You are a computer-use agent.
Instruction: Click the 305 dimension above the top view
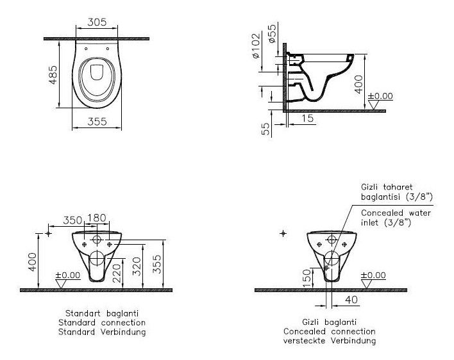coord(97,22)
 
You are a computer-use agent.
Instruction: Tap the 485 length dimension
coord(53,75)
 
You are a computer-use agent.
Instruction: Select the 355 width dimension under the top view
coord(97,122)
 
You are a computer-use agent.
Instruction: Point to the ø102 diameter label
coord(256,45)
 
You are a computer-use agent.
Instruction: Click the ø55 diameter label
coord(272,33)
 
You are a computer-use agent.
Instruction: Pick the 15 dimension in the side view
coord(308,118)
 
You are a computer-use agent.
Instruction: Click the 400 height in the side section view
coord(358,84)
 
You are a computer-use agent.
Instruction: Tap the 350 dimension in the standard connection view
coord(72,220)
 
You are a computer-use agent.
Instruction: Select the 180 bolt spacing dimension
coord(97,218)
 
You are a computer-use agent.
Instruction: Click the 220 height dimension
coord(116,273)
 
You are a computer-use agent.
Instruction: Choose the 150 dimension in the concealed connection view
coord(306,278)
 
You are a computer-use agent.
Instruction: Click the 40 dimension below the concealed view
coord(351,300)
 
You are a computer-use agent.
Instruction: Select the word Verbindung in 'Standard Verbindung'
coord(123,332)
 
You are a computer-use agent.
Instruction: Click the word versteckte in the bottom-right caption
coord(305,341)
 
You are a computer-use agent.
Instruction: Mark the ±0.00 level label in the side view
coord(380,96)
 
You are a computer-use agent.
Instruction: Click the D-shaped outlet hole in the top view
coord(97,72)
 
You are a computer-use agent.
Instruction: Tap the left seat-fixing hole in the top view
coord(86,49)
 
